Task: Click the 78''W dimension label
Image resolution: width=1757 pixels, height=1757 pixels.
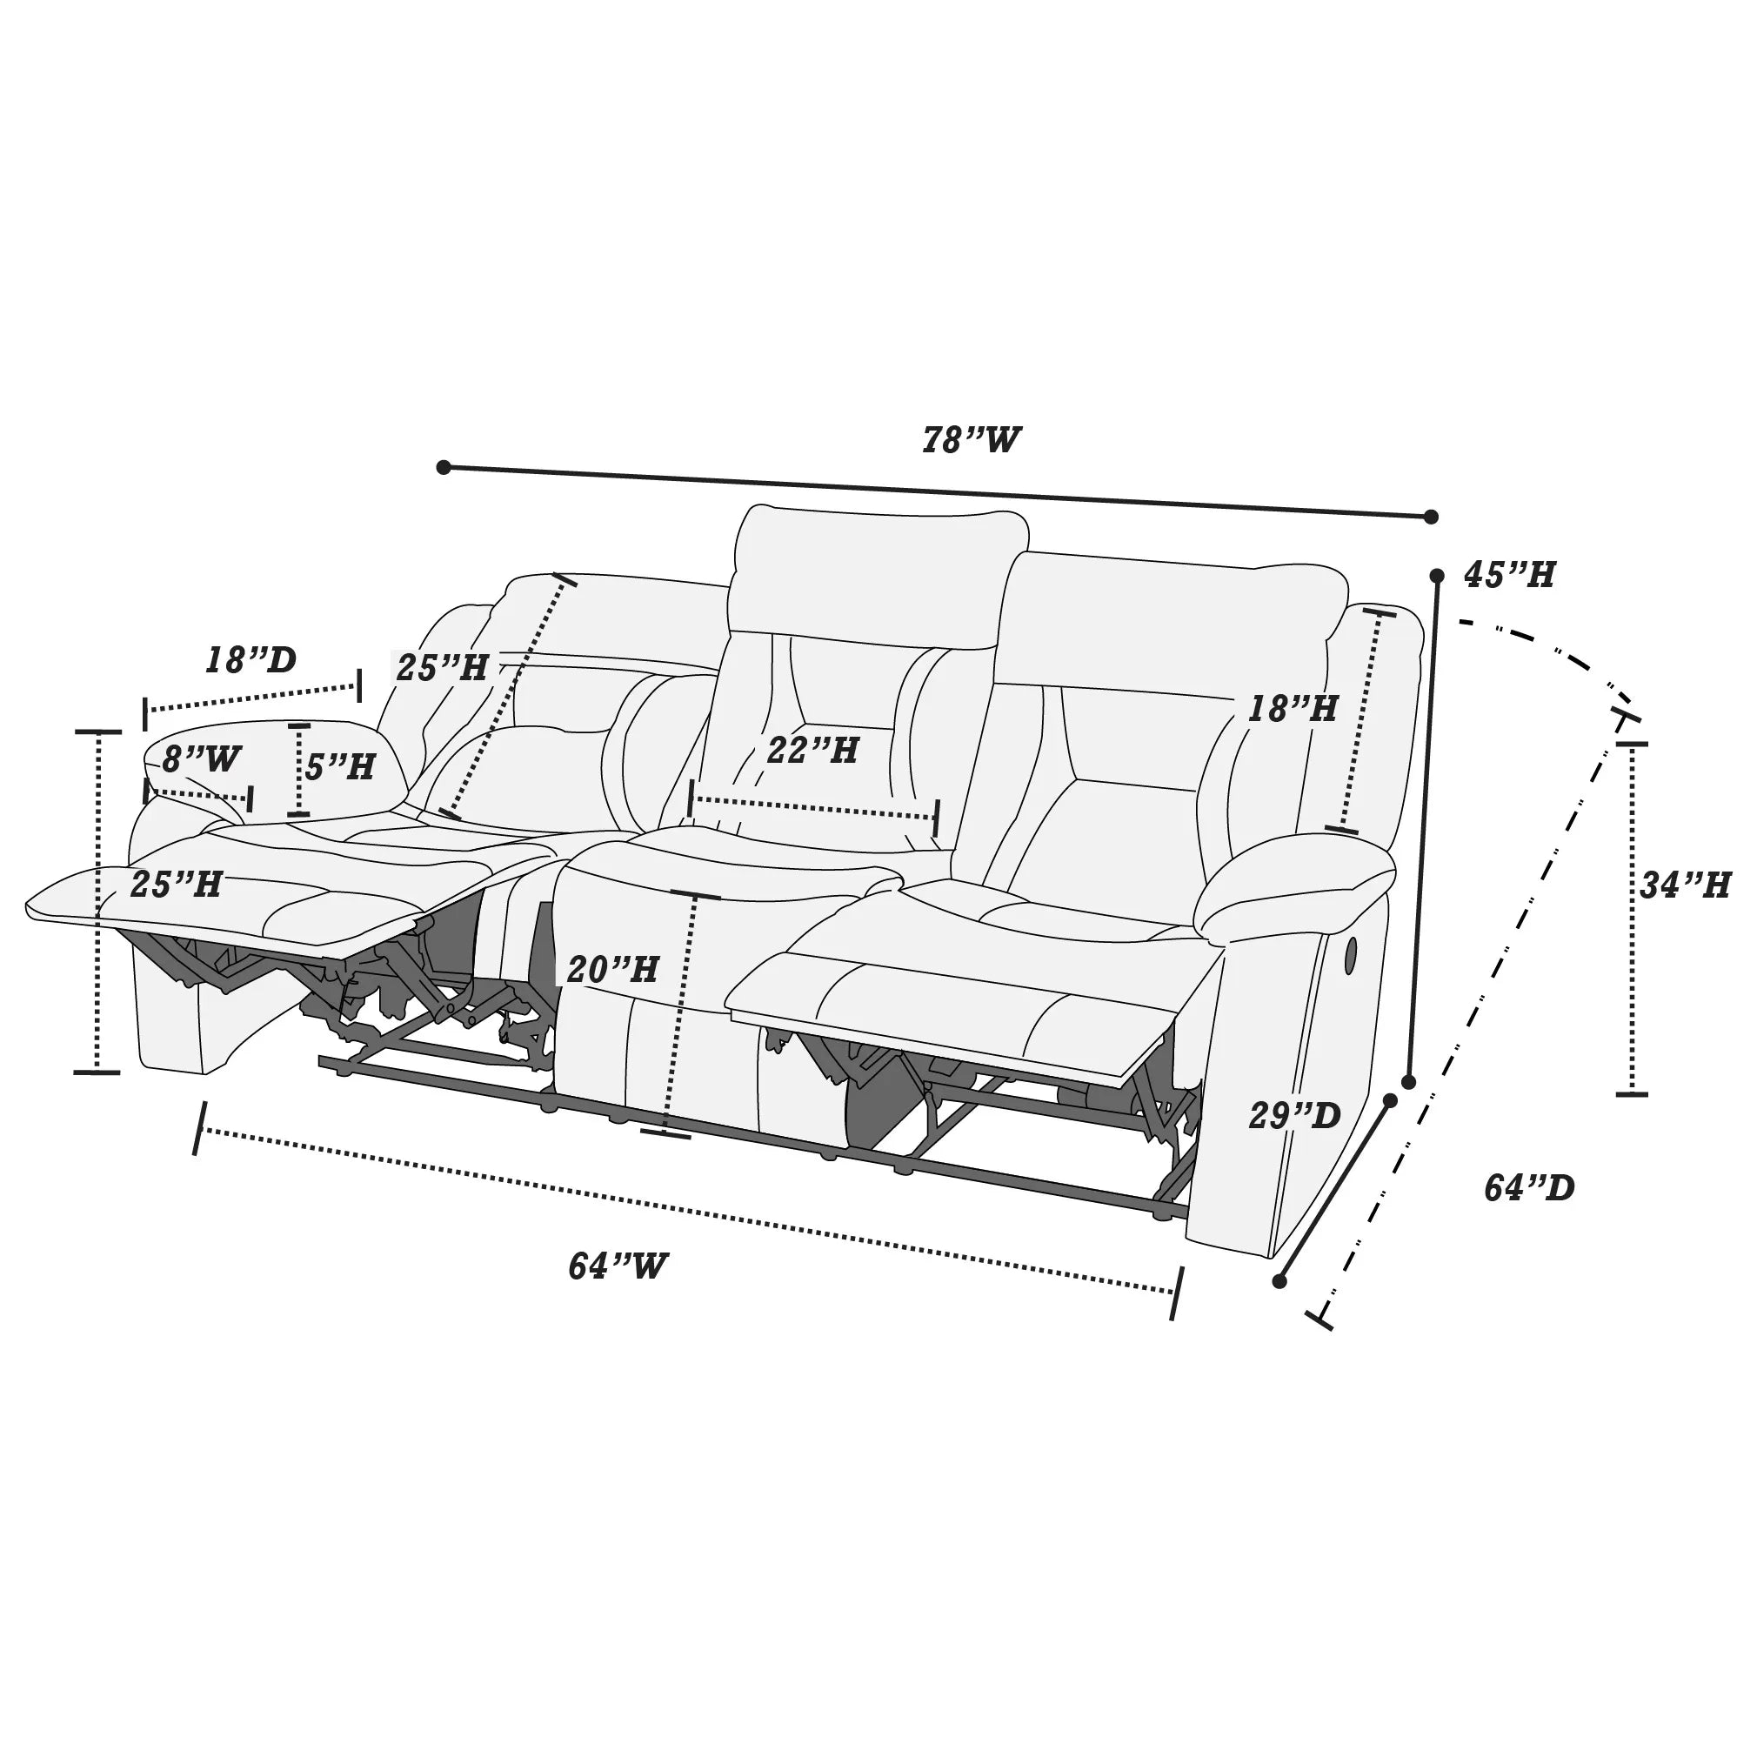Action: click(972, 440)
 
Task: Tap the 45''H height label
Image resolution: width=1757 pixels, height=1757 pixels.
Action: click(1509, 575)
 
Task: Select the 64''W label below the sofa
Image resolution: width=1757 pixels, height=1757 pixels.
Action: click(618, 1266)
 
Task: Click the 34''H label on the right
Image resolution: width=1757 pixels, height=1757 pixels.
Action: click(1684, 885)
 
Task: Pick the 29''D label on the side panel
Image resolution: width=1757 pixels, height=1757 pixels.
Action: click(1294, 1116)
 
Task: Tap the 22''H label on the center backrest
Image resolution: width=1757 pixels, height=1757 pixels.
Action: click(812, 752)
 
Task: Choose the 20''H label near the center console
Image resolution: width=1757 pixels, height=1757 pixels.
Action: click(612, 971)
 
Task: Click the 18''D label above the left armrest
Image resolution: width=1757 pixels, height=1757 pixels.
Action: click(251, 660)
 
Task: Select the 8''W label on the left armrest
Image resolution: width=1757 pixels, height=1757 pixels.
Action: click(202, 758)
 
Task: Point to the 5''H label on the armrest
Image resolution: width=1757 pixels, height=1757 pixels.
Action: click(339, 766)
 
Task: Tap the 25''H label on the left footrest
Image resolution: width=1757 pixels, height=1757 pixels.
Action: click(176, 884)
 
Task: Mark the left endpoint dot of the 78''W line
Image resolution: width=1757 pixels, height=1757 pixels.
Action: click(444, 467)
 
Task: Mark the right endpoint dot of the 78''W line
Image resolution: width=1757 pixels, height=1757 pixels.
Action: click(1431, 517)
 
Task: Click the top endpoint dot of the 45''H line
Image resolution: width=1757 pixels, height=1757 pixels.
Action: click(1437, 576)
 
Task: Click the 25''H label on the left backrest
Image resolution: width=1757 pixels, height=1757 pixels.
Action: click(442, 668)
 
